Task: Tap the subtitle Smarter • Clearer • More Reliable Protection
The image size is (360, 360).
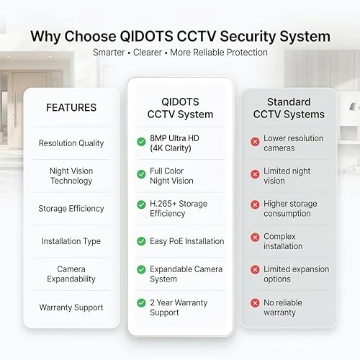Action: (180, 53)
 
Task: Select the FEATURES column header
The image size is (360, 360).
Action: (71, 108)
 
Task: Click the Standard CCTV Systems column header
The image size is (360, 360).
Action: (289, 108)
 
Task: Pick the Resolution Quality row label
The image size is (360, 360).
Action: (71, 143)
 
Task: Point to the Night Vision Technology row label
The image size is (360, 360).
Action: (71, 176)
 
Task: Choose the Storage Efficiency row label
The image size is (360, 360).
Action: (71, 209)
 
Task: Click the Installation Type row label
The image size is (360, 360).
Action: (71, 241)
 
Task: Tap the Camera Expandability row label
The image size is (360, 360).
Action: (71, 274)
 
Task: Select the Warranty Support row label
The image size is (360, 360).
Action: (71, 307)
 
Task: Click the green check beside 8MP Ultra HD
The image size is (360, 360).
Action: (141, 143)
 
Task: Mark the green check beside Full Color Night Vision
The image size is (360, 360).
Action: (141, 176)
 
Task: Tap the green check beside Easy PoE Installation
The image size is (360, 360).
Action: (141, 241)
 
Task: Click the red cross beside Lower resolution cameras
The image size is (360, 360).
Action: (255, 143)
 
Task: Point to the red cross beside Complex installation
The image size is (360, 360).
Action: (255, 241)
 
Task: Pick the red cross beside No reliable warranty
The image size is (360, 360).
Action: (255, 307)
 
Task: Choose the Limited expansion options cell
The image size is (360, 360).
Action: (293, 274)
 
